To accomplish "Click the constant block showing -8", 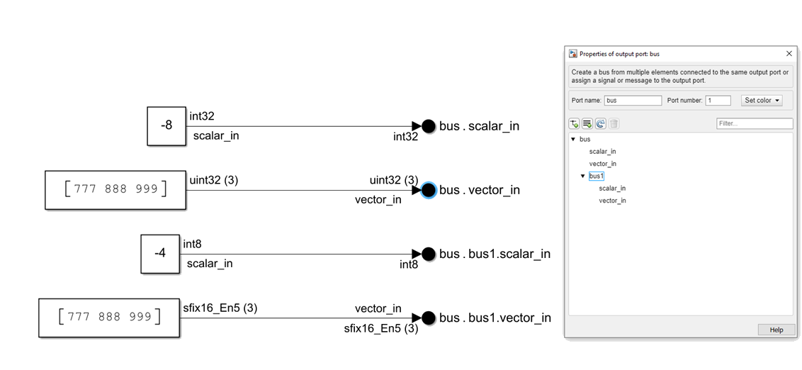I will [166, 126].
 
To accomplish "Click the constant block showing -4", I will [160, 253].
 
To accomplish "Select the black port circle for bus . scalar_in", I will [428, 126].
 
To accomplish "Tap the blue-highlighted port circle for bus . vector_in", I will [428, 190].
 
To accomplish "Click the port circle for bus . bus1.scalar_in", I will [428, 254].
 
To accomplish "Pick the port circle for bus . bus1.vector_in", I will [428, 318].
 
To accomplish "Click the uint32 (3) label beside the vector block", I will [214, 180].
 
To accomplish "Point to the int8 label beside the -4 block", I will [192, 244].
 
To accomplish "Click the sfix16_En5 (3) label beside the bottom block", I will [220, 308].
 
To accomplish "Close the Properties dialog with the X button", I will [789, 54].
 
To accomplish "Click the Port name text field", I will [633, 101].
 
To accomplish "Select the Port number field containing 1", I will [718, 101].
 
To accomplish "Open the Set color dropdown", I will [762, 101].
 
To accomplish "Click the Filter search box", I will [754, 123].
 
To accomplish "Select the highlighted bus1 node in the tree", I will [597, 176].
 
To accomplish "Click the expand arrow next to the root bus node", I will [573, 139].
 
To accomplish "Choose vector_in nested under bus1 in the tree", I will [612, 201].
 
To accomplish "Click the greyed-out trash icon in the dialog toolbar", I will [614, 123].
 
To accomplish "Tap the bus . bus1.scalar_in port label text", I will [495, 254].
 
